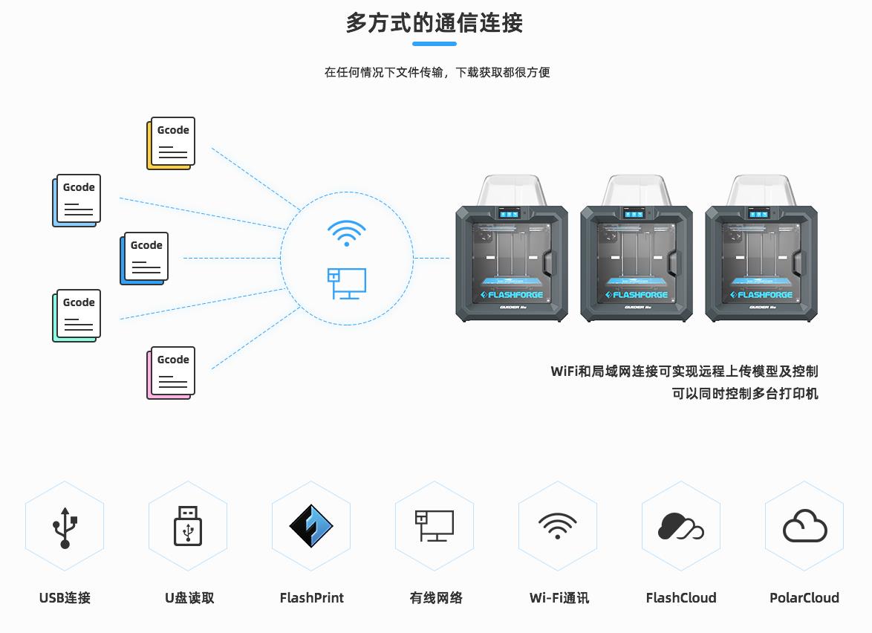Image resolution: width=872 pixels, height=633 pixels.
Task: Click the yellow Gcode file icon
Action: click(x=171, y=143)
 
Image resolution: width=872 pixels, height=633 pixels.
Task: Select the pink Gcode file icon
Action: click(x=171, y=372)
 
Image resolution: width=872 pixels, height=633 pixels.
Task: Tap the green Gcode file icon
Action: click(x=77, y=316)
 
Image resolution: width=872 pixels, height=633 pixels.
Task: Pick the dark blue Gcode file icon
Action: click(x=144, y=259)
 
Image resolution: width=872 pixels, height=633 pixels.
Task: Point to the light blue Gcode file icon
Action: click(x=77, y=201)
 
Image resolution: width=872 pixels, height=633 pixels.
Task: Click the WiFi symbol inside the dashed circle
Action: click(x=346, y=233)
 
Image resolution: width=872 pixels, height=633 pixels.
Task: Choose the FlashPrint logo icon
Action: click(x=311, y=527)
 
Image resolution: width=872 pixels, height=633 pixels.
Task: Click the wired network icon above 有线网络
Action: click(x=434, y=525)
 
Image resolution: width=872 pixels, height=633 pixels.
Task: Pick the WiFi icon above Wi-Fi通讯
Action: click(x=557, y=526)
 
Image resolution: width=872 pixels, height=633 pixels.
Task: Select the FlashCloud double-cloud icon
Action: click(x=680, y=527)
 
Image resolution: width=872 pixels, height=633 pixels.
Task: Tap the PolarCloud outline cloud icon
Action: click(x=804, y=527)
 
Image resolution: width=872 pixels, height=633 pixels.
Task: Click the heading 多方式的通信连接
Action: click(x=435, y=23)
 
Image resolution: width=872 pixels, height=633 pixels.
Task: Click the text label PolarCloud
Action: click(x=804, y=597)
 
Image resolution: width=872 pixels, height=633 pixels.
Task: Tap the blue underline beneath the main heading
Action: click(x=434, y=44)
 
